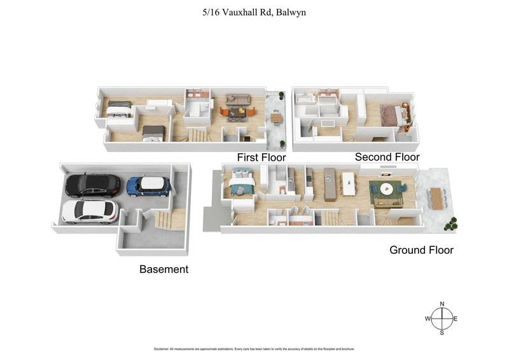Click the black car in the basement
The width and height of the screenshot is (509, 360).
[x=93, y=184]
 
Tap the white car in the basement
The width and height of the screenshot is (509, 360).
[x=90, y=210]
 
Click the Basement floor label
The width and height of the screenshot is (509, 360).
[x=164, y=269]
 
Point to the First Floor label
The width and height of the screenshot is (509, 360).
[x=261, y=157]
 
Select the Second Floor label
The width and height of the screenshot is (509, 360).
[x=387, y=157]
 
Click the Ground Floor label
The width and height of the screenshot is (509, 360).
[x=421, y=250]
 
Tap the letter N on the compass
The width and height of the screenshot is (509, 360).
[x=442, y=303]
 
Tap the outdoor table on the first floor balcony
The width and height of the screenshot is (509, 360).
[x=276, y=117]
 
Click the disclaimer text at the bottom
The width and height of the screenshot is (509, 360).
[x=254, y=349]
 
